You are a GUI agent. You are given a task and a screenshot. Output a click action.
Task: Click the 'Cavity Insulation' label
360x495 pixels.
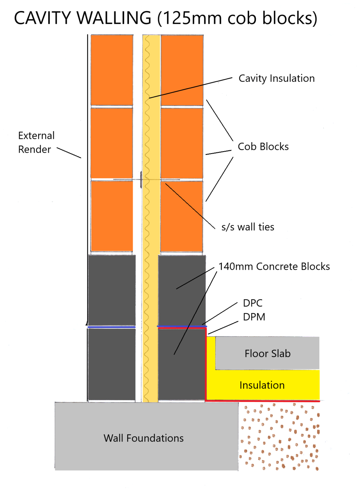277,78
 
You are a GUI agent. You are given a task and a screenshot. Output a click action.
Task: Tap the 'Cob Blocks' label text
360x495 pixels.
263,147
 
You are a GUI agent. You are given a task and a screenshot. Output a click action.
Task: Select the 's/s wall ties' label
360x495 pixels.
248,227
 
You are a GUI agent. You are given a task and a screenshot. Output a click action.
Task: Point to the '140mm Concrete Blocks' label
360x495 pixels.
274,267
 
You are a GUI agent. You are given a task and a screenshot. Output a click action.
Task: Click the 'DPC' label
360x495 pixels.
253,303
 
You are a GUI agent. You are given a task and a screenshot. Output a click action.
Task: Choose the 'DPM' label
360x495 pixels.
254,317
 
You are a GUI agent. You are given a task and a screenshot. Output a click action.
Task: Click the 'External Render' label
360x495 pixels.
36,142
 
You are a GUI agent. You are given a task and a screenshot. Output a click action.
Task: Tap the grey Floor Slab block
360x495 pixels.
267,353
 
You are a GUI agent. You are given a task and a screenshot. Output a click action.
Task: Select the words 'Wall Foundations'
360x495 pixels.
143,438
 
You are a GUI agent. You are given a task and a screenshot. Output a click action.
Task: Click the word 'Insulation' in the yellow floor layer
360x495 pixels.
262,385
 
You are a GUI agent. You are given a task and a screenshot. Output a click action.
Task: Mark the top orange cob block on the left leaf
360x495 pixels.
112,70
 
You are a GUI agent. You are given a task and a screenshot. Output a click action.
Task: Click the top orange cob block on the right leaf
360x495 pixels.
182,70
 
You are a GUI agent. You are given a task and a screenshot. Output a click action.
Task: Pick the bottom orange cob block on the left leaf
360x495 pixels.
112,216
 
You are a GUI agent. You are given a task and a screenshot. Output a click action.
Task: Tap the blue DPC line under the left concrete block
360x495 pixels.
112,327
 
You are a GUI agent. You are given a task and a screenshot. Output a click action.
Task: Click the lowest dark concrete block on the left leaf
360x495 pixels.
112,364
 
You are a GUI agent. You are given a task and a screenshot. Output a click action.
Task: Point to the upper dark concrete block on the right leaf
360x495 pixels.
182,290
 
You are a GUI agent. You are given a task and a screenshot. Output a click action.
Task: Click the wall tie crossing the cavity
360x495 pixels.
141,180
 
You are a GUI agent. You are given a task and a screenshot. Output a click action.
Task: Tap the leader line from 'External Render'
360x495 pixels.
69,153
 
